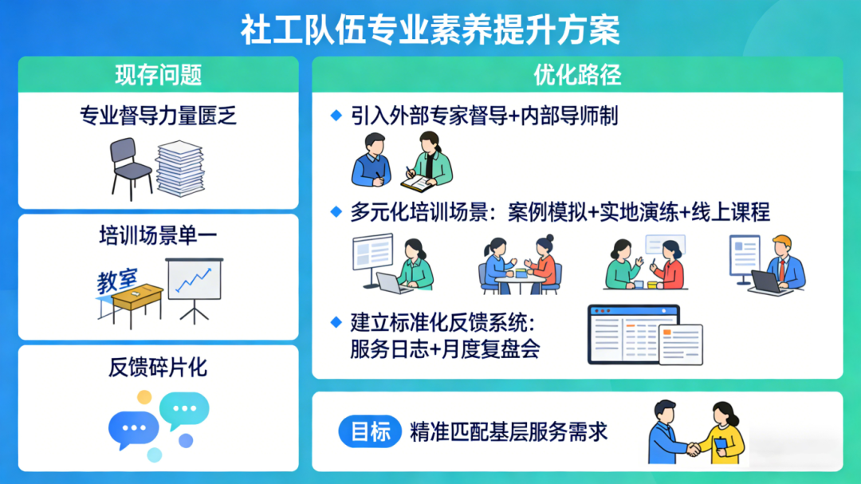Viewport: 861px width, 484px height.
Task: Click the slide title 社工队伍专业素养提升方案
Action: tap(431, 30)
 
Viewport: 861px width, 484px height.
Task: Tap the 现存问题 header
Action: tap(159, 75)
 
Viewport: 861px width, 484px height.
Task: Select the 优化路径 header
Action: tap(577, 75)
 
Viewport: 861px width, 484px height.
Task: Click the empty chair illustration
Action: tap(131, 168)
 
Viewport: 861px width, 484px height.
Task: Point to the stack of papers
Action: tap(180, 168)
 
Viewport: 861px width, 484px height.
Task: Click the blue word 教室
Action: tap(117, 281)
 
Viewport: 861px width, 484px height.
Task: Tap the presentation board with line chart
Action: tap(195, 289)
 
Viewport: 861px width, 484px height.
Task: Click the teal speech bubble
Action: tap(184, 410)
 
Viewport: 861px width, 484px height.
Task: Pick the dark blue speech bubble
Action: tap(133, 429)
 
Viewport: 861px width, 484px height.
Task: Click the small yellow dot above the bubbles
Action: tap(144, 396)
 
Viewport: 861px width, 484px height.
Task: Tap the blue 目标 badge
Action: tap(370, 431)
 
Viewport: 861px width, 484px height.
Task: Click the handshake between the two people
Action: tap(694, 449)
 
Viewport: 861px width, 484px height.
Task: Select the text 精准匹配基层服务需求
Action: tap(509, 432)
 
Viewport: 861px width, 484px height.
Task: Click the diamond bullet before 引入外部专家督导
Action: tap(336, 116)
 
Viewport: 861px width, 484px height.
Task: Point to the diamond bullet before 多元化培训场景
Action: tap(336, 212)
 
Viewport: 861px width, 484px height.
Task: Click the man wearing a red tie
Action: tap(783, 265)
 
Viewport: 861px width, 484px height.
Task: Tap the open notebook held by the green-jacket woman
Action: tap(417, 183)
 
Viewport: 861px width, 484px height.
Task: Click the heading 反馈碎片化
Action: tap(158, 368)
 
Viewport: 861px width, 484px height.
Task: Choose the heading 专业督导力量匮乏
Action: tap(158, 116)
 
